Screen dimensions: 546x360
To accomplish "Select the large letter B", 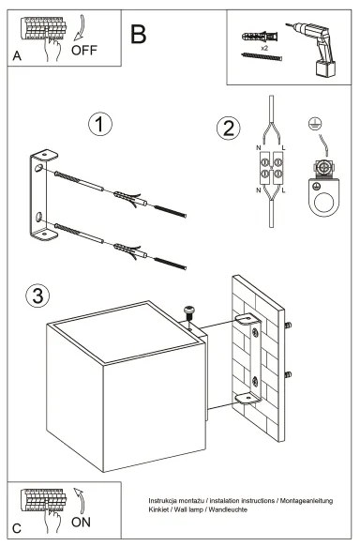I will point(138,35).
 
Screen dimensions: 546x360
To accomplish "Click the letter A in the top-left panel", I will point(17,56).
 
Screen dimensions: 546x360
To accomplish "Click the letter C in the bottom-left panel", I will point(17,527).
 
